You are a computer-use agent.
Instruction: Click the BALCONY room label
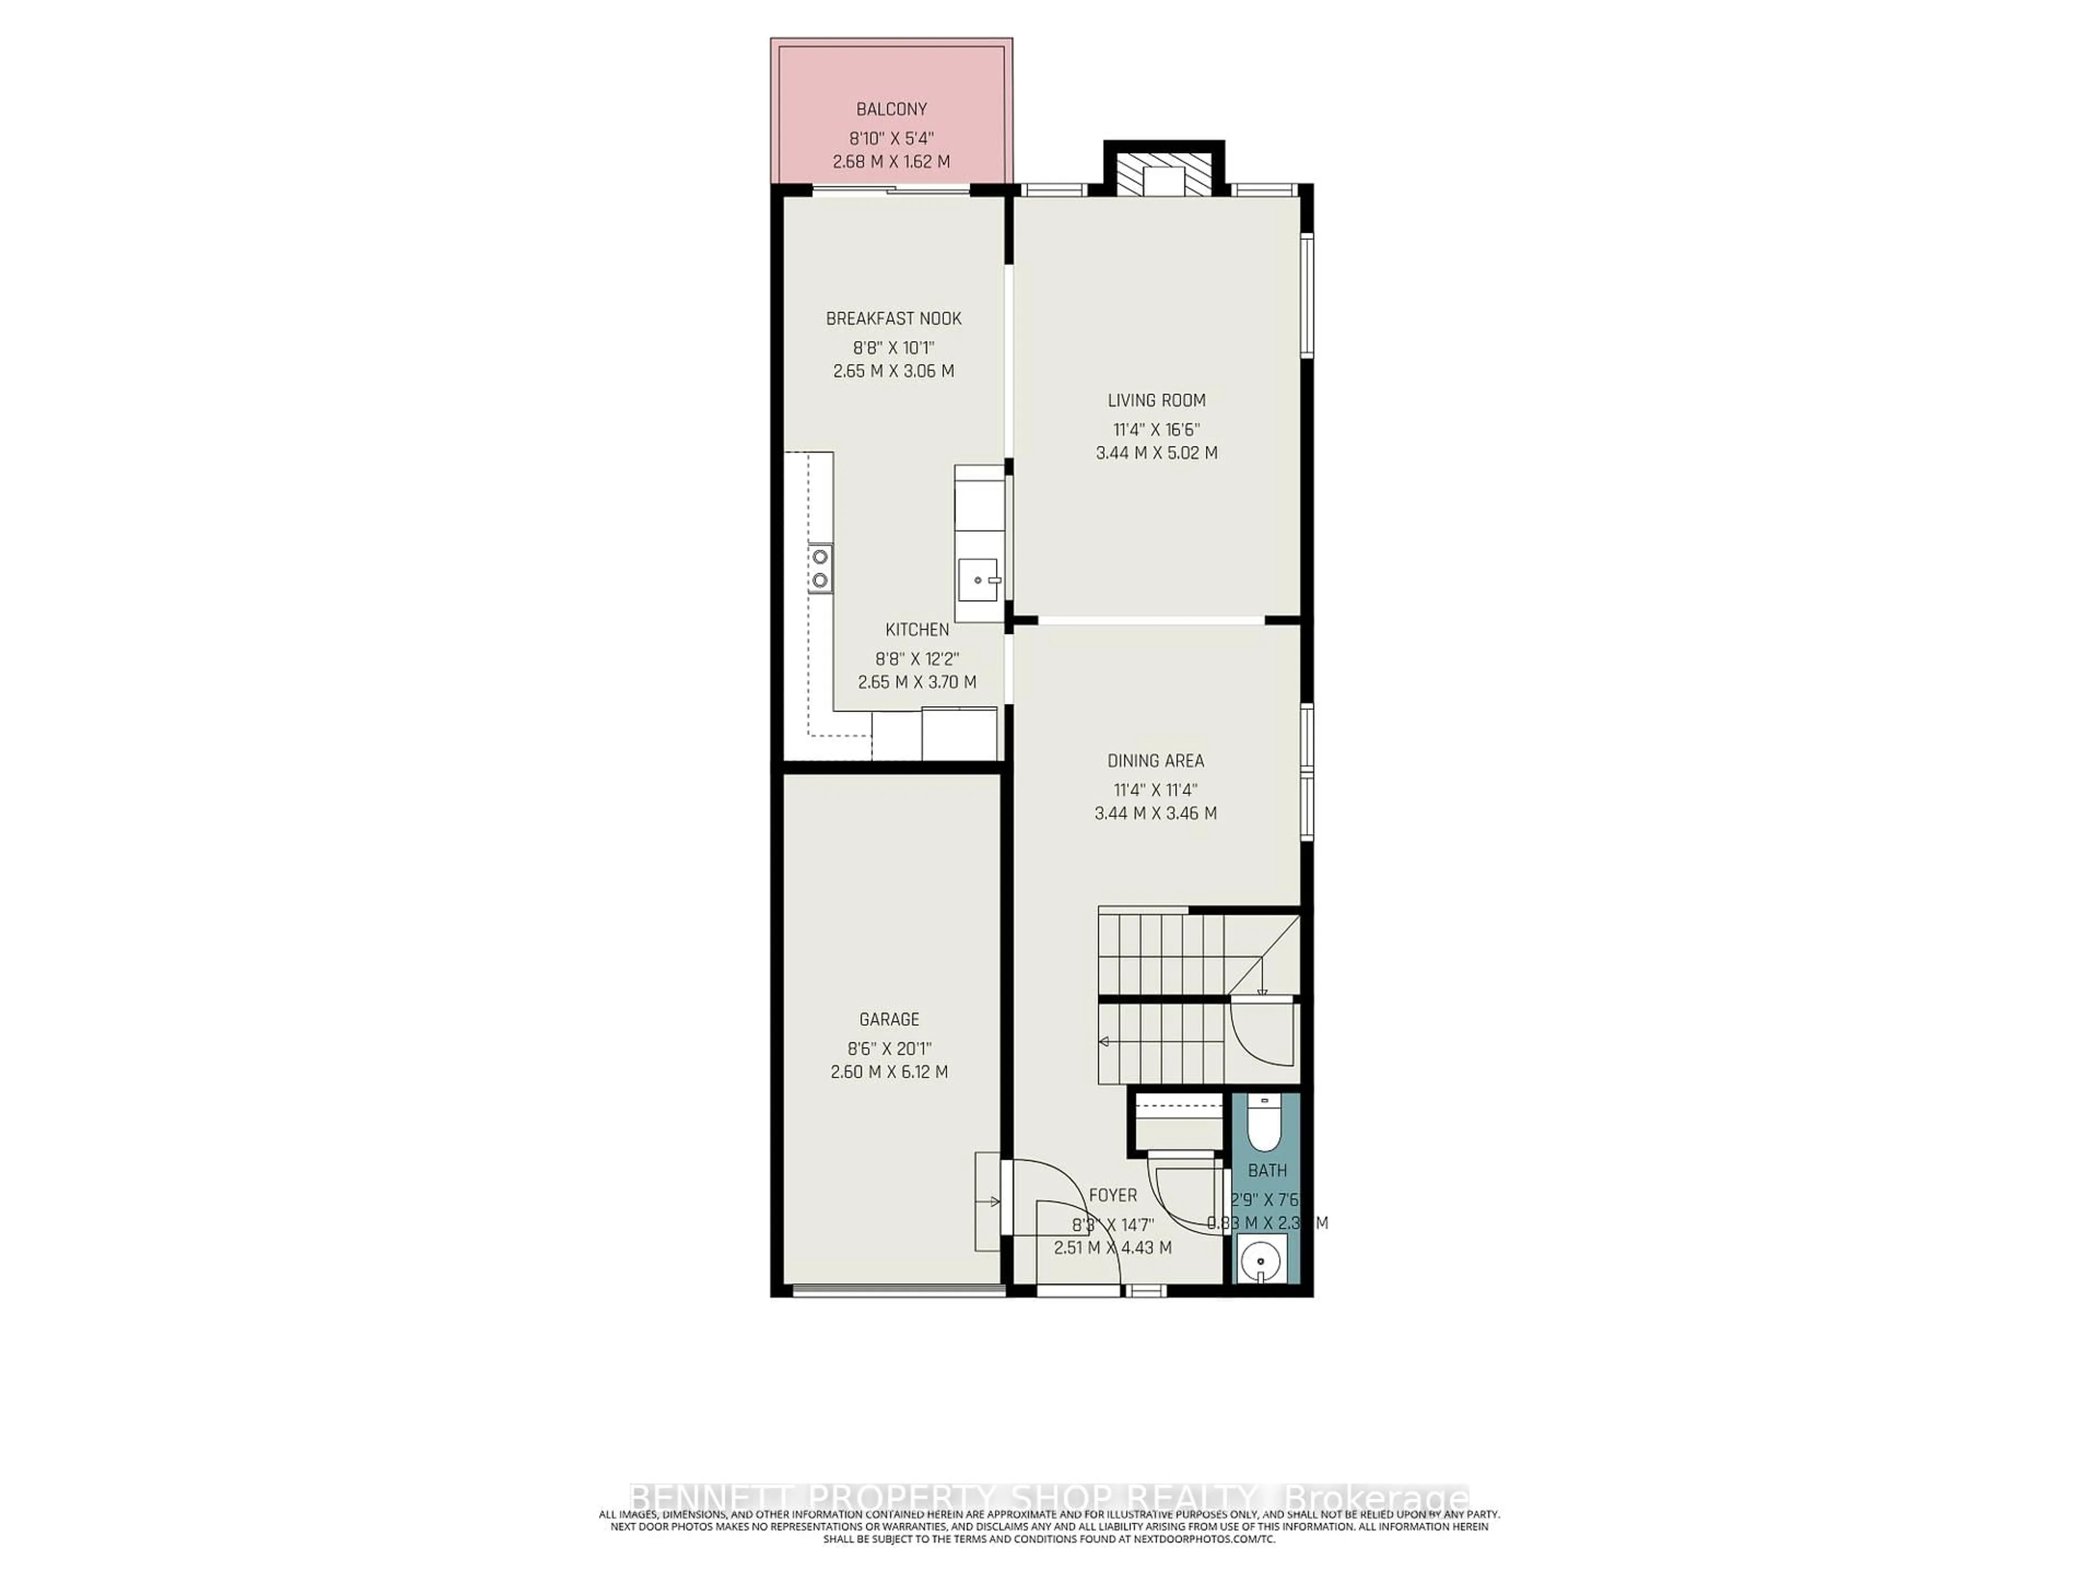pos(891,109)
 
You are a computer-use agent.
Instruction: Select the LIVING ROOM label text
pos(1157,401)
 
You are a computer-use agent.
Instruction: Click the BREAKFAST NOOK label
pos(893,319)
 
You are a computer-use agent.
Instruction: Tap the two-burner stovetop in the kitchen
pos(156,568)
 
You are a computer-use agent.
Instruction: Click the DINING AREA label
pos(1156,761)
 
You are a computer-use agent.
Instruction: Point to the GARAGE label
pos(889,1019)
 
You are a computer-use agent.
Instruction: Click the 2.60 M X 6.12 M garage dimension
pos(889,1072)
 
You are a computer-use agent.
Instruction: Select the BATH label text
pos(1267,1171)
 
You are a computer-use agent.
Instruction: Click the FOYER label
pos(1112,1195)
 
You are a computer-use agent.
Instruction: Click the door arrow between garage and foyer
pos(994,1202)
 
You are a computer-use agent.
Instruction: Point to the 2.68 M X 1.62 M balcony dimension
pos(891,162)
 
